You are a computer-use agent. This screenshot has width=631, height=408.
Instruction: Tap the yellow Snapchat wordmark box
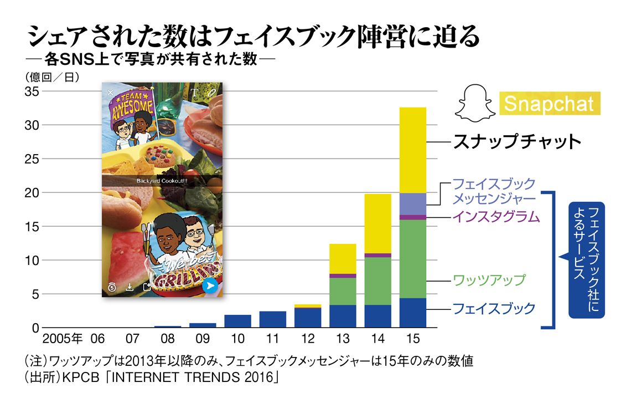[x=550, y=104]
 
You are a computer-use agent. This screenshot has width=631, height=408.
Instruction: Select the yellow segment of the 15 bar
[x=412, y=150]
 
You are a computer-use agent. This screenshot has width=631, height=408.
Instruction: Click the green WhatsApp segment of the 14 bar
[x=377, y=281]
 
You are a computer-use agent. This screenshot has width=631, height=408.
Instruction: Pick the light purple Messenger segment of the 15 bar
[x=412, y=205]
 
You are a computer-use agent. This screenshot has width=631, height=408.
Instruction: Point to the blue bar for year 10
[x=237, y=322]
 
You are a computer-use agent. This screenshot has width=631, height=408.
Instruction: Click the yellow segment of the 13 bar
[x=343, y=259]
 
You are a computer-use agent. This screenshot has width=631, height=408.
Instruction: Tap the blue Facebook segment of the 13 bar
[x=343, y=317]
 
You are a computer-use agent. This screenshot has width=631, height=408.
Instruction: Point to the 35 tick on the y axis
[x=32, y=91]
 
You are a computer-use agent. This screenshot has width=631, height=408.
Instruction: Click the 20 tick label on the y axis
[x=32, y=193]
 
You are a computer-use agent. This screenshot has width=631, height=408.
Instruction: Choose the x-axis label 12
[x=307, y=339]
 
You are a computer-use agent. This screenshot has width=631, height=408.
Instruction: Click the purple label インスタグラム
[x=496, y=217]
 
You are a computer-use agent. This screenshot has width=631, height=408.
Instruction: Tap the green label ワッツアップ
[x=489, y=280]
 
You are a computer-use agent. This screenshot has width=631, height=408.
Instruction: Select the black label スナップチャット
[x=517, y=141]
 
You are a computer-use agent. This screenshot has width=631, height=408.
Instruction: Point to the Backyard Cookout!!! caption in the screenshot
[x=162, y=181]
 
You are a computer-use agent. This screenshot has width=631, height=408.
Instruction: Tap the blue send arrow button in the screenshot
[x=210, y=286]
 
